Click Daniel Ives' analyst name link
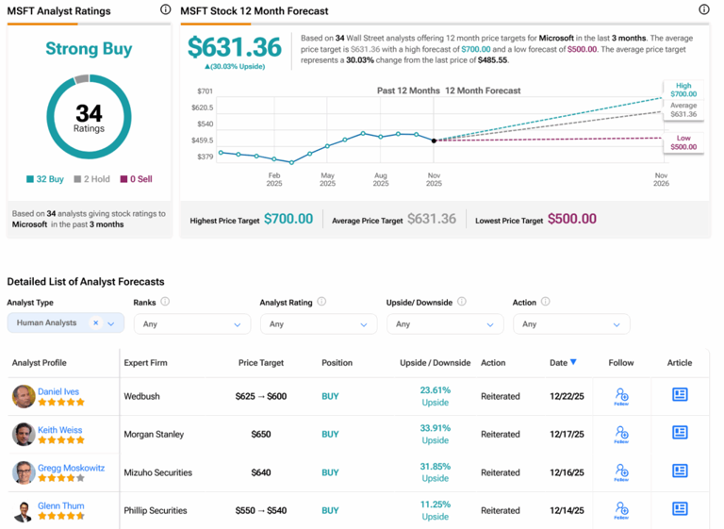click(59, 390)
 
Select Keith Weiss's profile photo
click(24, 435)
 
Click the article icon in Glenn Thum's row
click(680, 509)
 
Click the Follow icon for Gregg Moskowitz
click(621, 471)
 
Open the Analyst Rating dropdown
click(318, 324)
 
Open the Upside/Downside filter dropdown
click(444, 324)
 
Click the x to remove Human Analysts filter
click(95, 322)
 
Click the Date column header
click(562, 362)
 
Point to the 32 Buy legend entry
click(45, 178)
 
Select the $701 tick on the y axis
click(205, 91)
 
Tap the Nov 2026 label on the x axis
click(661, 179)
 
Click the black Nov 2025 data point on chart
click(434, 141)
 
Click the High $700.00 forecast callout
click(683, 91)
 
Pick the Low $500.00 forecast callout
click(683, 142)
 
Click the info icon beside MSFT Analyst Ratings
click(165, 10)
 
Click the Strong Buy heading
click(89, 49)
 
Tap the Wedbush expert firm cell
click(142, 396)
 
